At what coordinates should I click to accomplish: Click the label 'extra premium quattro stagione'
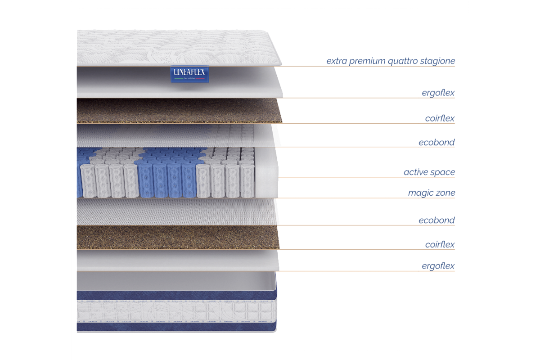[x=391, y=61]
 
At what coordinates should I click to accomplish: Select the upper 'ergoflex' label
[x=438, y=93]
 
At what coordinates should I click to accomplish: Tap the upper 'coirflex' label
[x=440, y=118]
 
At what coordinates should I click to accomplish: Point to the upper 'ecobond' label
[x=436, y=142]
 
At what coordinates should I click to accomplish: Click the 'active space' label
[x=429, y=172]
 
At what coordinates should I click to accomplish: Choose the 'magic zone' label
[x=431, y=193]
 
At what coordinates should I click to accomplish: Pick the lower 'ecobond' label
[x=436, y=220]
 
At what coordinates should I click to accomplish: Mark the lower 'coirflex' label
[x=440, y=245]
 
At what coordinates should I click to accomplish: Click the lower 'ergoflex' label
[x=438, y=266]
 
